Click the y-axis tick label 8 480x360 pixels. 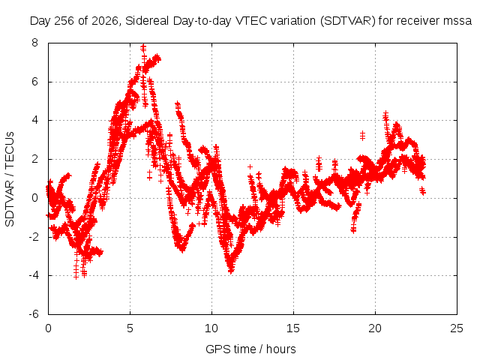[35, 43]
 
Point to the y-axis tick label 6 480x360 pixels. [35, 82]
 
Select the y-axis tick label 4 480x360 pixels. [35, 120]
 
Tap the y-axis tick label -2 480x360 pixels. [34, 237]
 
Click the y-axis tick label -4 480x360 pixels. [34, 275]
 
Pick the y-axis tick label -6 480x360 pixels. [34, 314]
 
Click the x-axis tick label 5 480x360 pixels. [130, 328]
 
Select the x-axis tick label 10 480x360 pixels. [211, 328]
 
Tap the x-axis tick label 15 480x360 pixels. [293, 328]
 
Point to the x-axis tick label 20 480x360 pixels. [375, 328]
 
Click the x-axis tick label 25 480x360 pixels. [457, 328]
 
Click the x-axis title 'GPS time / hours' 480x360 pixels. [250, 349]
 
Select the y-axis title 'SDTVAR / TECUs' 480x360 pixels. [10, 179]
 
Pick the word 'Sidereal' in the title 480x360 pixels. [147, 21]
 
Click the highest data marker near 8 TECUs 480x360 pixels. [143, 47]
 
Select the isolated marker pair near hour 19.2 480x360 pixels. [362, 135]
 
